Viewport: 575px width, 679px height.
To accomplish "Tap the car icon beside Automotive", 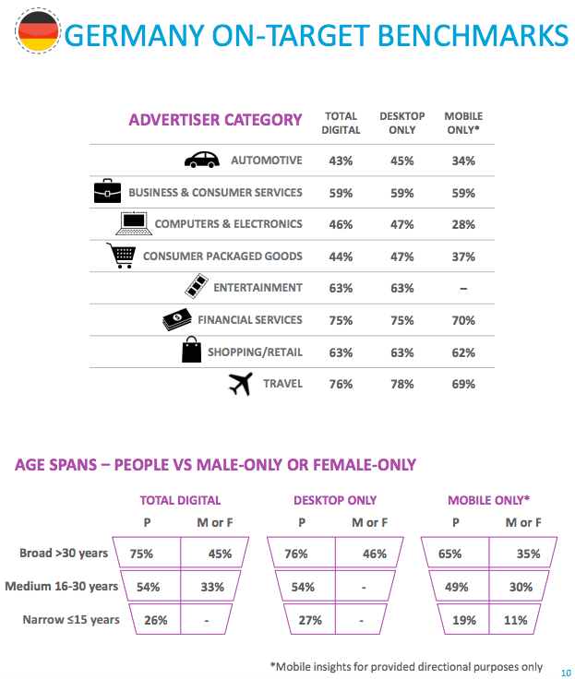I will pyautogui.click(x=202, y=160).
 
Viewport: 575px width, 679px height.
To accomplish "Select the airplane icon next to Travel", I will pyautogui.click(x=240, y=385).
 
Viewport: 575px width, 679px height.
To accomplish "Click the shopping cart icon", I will pyautogui.click(x=121, y=256).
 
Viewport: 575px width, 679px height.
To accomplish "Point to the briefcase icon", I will pyautogui.click(x=107, y=191).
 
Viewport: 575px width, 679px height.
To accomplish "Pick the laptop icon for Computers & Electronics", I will pyautogui.click(x=133, y=223).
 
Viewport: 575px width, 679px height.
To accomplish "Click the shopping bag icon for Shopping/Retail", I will pyautogui.click(x=191, y=351).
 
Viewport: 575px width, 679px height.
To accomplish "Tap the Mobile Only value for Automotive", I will pyautogui.click(x=463, y=161).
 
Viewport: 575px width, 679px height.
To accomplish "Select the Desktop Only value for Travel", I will pyautogui.click(x=401, y=384).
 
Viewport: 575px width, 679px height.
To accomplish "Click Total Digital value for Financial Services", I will pyautogui.click(x=341, y=320).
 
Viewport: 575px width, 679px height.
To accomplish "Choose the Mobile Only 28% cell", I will pyautogui.click(x=463, y=224).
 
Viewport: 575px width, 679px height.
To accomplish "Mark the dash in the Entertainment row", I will pyautogui.click(x=463, y=288).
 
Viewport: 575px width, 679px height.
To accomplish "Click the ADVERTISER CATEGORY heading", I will pyautogui.click(x=215, y=120).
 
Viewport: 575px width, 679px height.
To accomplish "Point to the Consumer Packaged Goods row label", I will pyautogui.click(x=222, y=256).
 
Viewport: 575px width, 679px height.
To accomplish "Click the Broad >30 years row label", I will pyautogui.click(x=64, y=554).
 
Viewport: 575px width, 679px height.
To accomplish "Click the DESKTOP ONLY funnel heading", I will pyautogui.click(x=335, y=500).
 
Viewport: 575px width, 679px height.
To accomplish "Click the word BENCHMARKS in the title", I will pyautogui.click(x=465, y=35).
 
